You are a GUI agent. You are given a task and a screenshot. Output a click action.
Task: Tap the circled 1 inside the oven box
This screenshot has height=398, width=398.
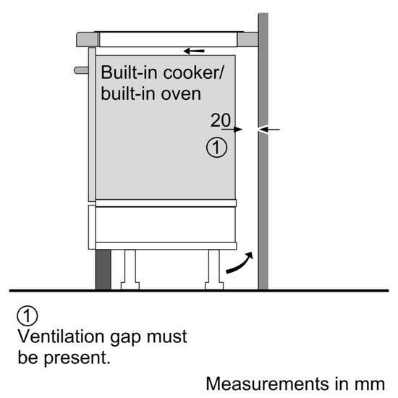216,148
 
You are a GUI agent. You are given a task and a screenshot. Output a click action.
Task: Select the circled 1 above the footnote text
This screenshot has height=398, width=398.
26,316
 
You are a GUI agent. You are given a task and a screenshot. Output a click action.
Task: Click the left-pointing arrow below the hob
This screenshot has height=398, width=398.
193,51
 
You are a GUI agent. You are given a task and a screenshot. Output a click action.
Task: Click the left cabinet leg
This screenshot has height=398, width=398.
132,269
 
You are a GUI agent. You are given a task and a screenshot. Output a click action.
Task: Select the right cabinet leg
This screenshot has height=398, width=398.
214,269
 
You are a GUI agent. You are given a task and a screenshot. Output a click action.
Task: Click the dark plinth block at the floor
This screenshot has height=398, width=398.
103,269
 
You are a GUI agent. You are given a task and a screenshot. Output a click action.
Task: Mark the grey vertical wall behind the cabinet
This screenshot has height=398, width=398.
263,181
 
